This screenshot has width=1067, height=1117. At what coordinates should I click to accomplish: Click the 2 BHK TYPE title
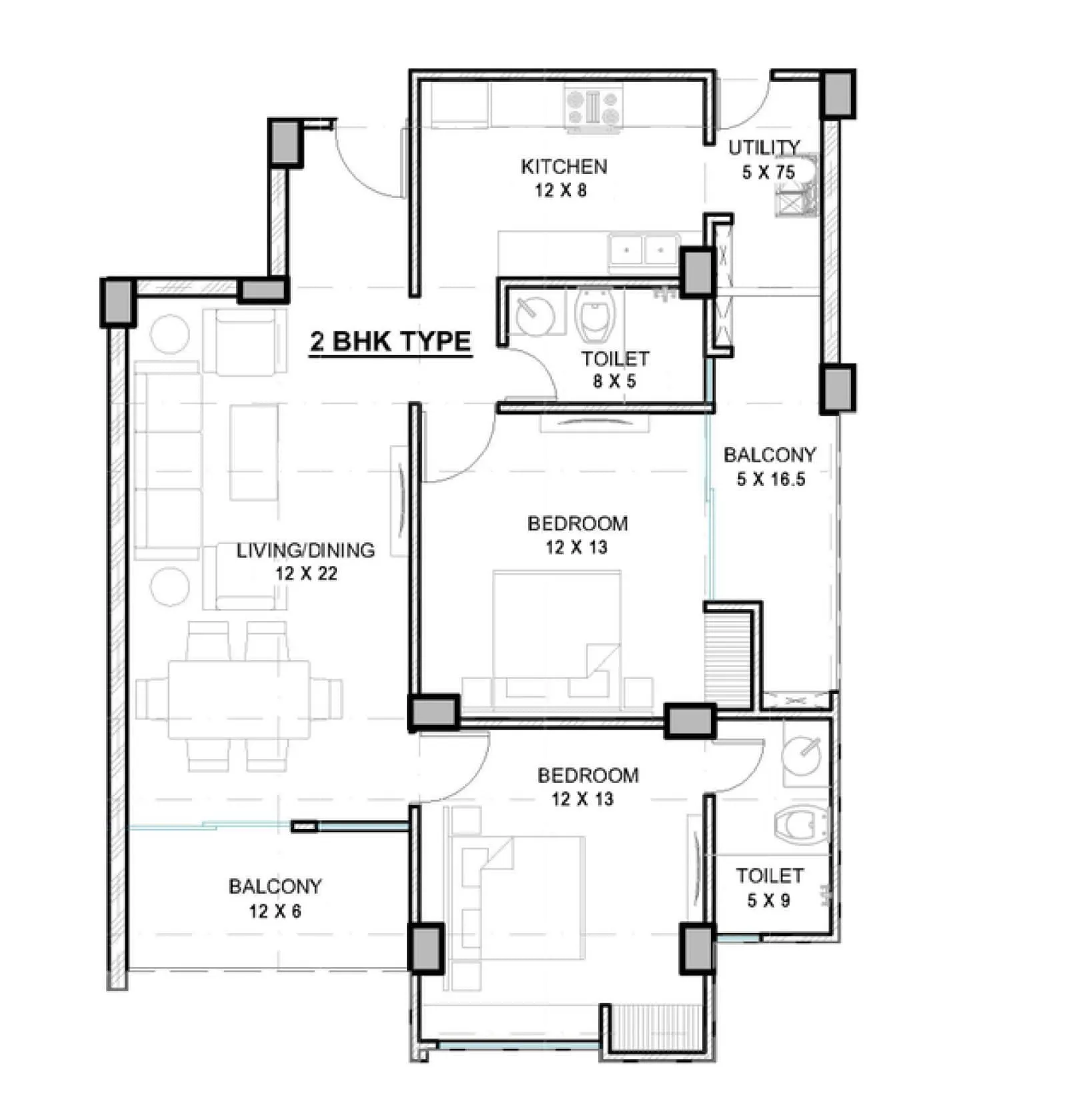390,341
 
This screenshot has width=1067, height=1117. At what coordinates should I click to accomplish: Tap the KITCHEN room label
564,166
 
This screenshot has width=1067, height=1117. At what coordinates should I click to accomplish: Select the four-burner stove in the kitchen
593,108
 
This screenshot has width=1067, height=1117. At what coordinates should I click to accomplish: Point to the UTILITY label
764,147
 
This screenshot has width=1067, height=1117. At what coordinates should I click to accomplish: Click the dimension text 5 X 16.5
770,479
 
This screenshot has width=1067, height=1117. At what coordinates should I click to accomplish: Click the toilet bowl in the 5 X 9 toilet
801,824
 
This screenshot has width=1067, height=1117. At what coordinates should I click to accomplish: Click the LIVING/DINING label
305,550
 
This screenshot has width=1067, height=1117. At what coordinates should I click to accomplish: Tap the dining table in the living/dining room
239,698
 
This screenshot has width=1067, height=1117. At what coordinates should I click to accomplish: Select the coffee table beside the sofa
254,452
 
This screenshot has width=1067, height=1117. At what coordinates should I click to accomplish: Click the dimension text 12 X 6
275,910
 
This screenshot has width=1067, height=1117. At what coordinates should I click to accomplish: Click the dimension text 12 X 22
305,574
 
